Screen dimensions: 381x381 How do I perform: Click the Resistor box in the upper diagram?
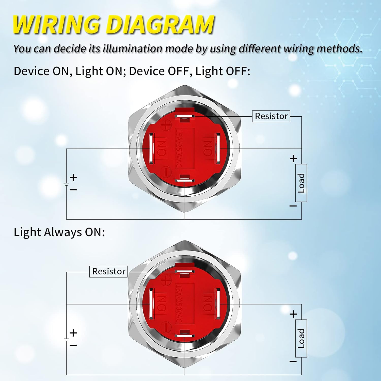pos(271,116)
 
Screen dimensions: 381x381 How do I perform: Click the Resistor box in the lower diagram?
pos(108,272)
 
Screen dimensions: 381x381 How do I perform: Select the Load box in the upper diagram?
pos(301,183)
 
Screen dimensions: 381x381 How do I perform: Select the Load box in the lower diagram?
pos(301,338)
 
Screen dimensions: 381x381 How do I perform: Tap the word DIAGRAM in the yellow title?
pos(160,25)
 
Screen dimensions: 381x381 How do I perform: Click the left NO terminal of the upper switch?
pos(152,149)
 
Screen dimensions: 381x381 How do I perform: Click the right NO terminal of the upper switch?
pos(217,149)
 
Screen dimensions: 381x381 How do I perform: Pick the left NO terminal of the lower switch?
pos(152,304)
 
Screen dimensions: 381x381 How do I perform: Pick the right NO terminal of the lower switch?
pos(217,304)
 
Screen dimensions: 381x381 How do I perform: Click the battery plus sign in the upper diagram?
pos(73,177)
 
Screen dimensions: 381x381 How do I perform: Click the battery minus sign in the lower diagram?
pos(73,345)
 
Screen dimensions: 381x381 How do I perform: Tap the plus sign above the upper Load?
pos(293,159)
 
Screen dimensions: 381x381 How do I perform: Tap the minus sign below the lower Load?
pos(293,361)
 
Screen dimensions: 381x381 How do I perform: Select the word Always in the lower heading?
pos(63,232)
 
